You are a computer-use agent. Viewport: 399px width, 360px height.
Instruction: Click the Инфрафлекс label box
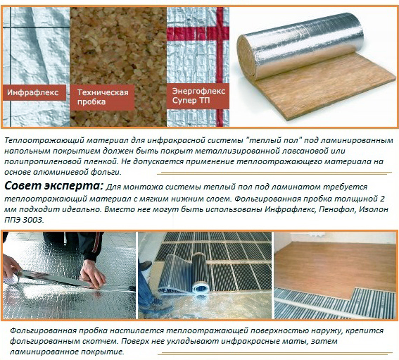point(34,92)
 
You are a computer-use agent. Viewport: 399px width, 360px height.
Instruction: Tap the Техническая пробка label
point(102,97)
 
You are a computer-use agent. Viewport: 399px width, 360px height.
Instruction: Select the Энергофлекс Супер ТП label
point(198,96)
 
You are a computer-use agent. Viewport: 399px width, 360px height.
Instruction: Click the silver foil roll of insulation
point(300,46)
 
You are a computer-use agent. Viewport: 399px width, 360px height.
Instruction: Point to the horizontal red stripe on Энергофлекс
point(198,33)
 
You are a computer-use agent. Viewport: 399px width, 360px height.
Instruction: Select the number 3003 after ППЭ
point(32,220)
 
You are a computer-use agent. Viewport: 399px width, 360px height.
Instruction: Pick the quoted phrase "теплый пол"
point(274,140)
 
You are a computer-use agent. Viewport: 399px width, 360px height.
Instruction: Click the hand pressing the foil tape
point(92,273)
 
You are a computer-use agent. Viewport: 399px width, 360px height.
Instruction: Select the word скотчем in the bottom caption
point(100,342)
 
